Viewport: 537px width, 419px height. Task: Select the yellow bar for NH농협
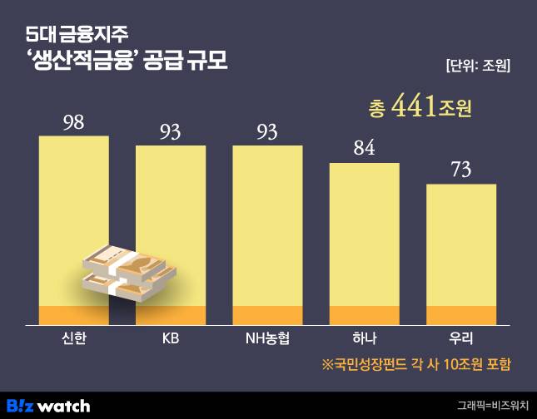click(267, 224)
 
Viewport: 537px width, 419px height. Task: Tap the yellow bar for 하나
click(364, 233)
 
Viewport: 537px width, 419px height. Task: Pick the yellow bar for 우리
click(461, 245)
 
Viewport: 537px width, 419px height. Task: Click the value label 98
click(73, 122)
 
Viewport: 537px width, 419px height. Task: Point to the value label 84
click(364, 149)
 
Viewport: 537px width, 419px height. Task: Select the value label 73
click(461, 170)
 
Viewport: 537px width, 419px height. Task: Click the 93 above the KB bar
click(171, 131)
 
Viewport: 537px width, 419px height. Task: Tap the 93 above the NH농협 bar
click(267, 131)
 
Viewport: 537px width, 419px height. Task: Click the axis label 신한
click(73, 338)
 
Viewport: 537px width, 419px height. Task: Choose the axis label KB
click(171, 338)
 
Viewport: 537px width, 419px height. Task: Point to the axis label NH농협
click(267, 338)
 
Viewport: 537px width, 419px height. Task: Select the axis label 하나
click(364, 338)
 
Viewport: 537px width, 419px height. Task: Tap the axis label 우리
click(461, 338)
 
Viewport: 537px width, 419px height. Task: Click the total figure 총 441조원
click(419, 108)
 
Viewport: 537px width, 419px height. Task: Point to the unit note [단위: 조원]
click(477, 65)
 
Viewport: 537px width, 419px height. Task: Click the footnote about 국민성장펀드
click(415, 364)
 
